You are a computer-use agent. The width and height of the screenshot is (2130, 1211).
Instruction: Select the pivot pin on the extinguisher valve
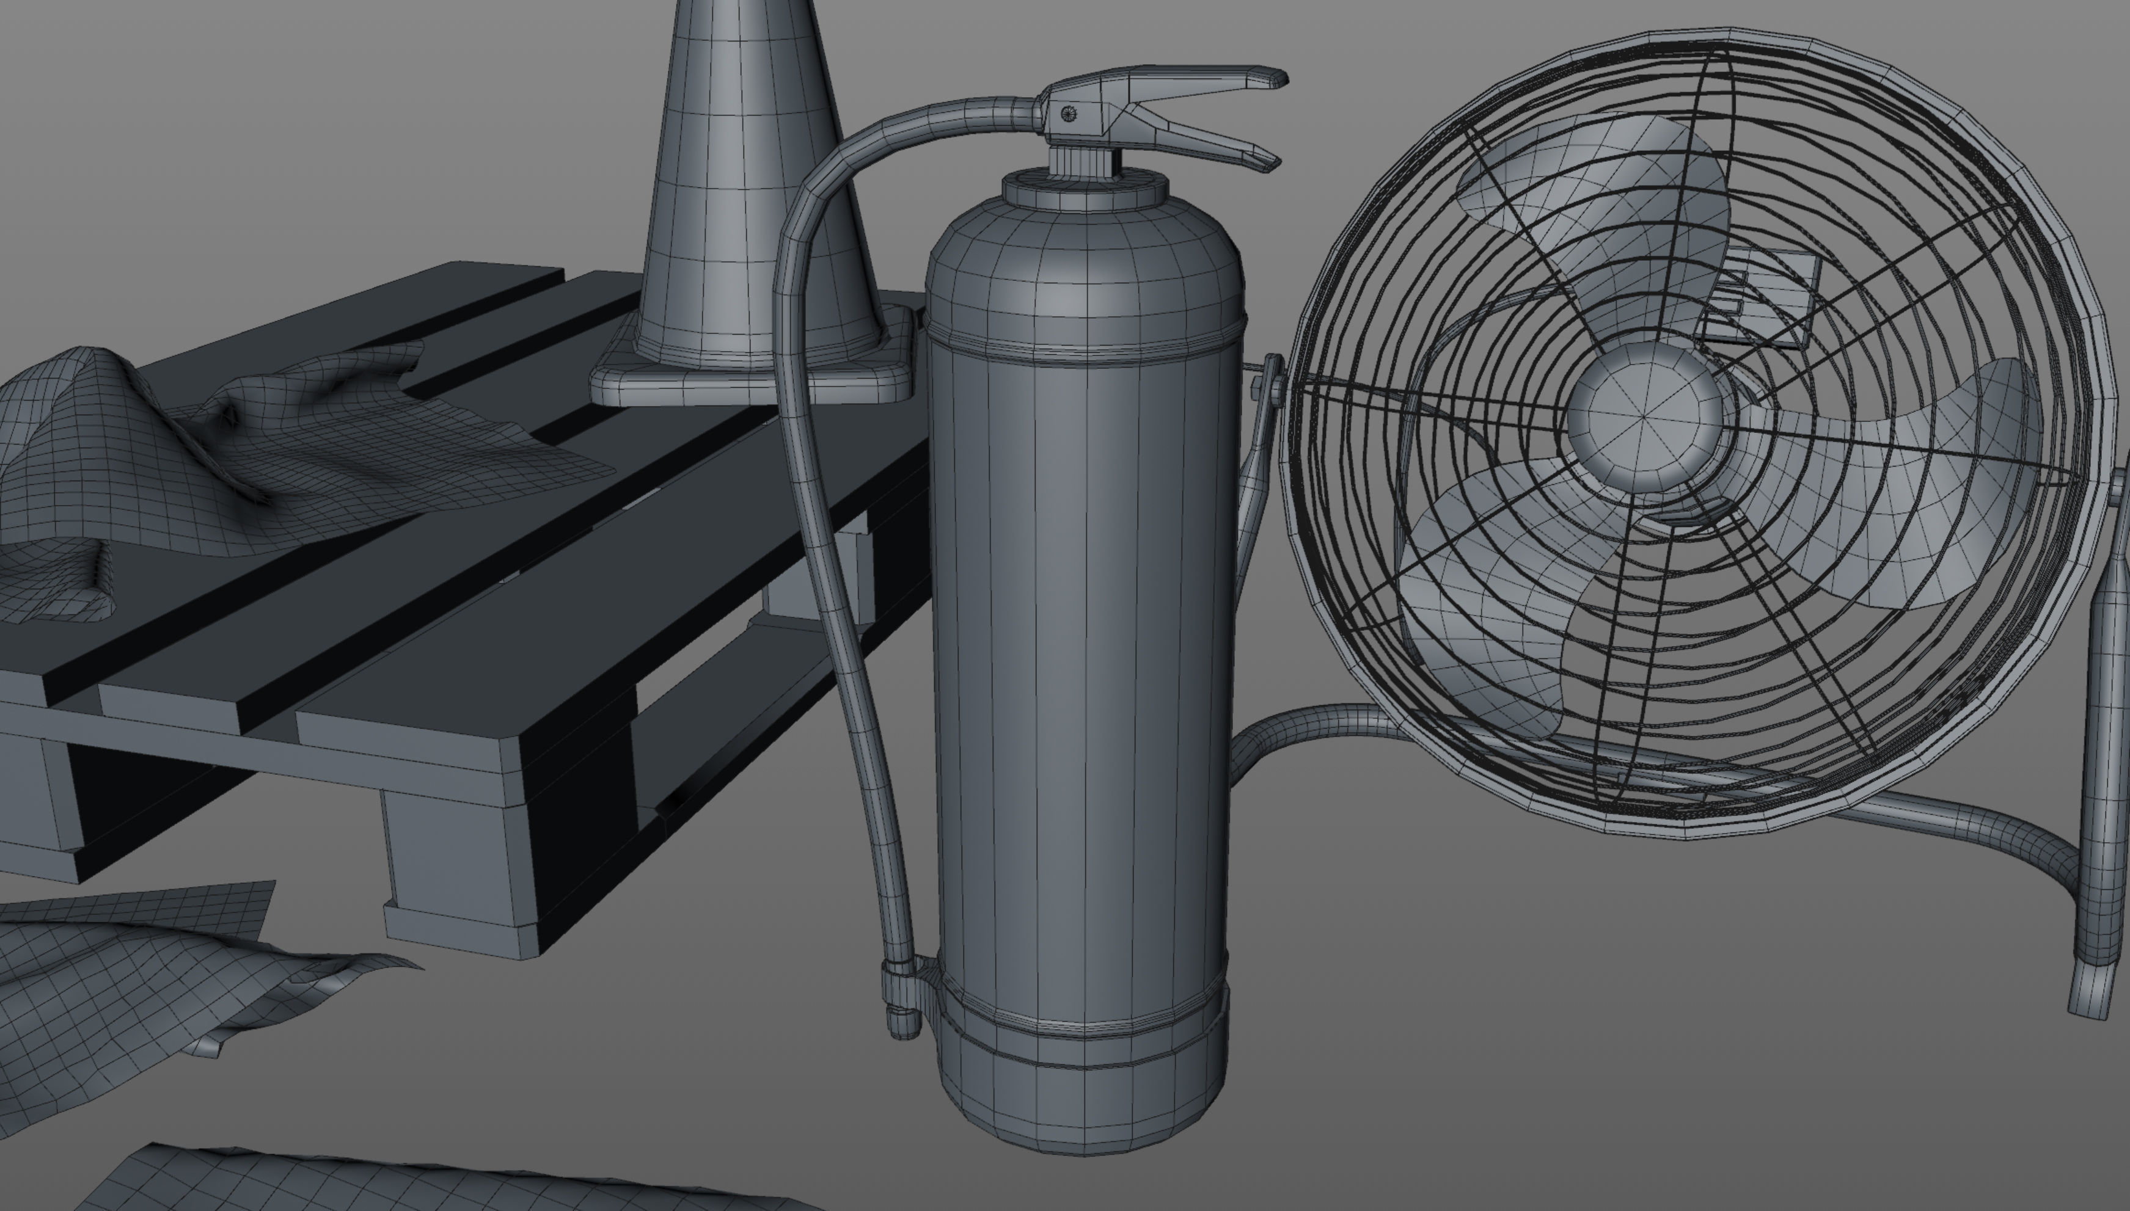click(x=1070, y=115)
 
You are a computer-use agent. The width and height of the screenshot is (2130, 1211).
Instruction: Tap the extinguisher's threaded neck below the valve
click(x=1081, y=159)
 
